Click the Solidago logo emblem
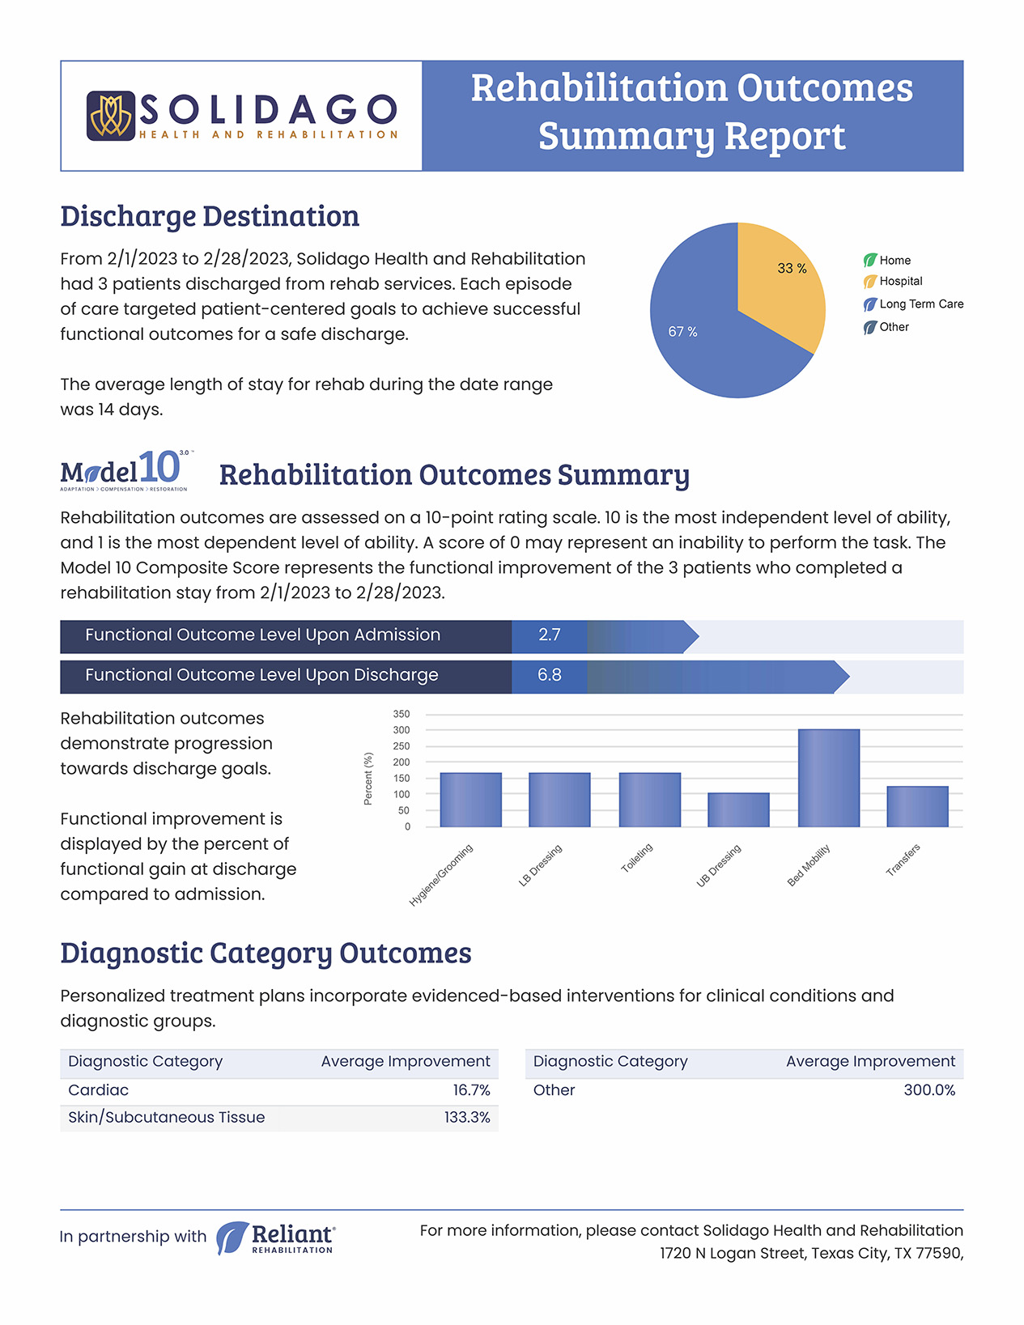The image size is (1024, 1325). [x=110, y=116]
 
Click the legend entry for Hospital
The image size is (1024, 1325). [x=893, y=281]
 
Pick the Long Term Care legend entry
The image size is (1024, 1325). [x=913, y=304]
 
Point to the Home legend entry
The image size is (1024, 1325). [x=887, y=261]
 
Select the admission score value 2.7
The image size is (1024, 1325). [x=549, y=635]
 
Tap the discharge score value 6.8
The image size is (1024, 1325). [x=549, y=675]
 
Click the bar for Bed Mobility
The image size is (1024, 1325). [x=829, y=778]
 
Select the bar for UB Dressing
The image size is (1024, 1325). [x=739, y=809]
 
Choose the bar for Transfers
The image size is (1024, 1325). [x=917, y=807]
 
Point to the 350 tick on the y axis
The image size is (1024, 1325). [x=401, y=714]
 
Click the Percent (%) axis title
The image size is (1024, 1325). [x=368, y=779]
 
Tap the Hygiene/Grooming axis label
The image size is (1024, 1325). [x=440, y=875]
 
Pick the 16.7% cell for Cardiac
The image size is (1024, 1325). [x=471, y=1090]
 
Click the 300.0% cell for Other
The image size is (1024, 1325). [x=929, y=1090]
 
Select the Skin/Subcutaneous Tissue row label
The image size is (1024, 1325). [x=167, y=1117]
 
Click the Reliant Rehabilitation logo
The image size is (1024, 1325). [x=276, y=1238]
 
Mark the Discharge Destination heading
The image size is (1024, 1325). [x=210, y=216]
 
